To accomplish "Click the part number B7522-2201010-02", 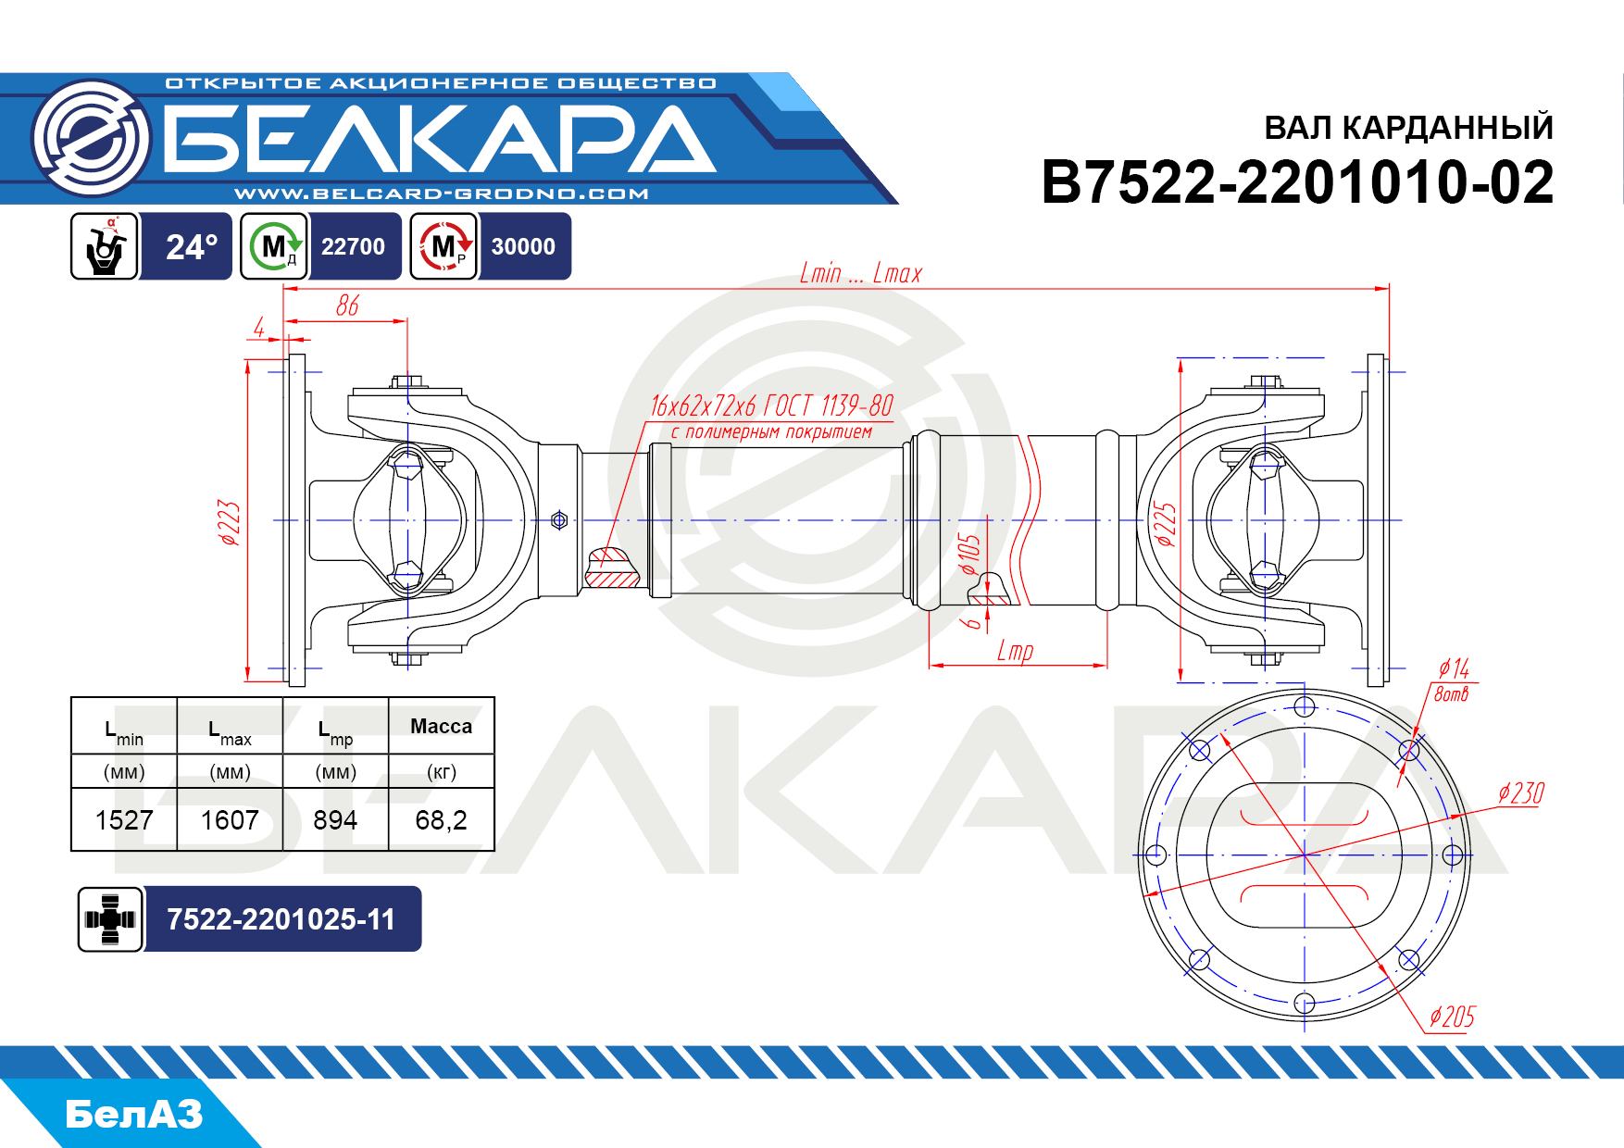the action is (1297, 181).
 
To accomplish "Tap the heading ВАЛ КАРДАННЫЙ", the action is (1408, 128).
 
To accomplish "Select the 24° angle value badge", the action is (192, 247).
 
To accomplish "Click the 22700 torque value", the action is (353, 247).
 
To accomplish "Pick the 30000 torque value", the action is (523, 247).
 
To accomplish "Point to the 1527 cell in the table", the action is (124, 820).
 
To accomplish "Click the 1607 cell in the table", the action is (230, 820).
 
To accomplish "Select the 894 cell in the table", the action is (335, 820).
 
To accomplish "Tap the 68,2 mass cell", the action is (441, 820).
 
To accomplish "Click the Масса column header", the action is (441, 727).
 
